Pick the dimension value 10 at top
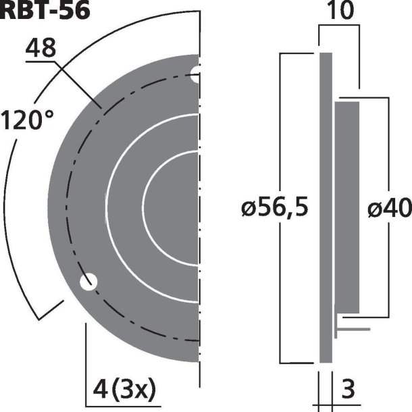click(x=339, y=12)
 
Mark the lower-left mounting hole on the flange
click(x=88, y=282)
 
